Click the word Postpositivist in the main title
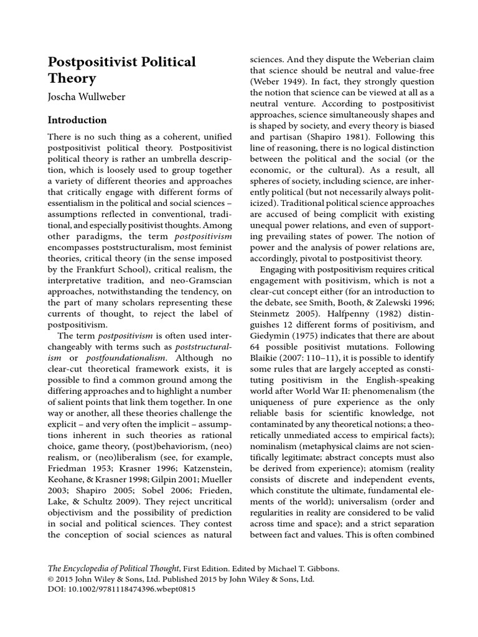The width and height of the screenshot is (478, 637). (96, 62)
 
